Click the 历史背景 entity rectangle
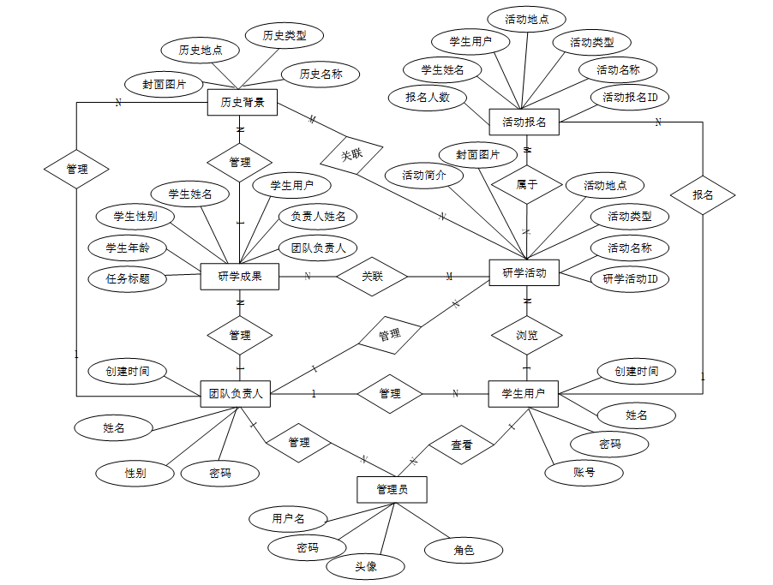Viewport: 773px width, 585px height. [243, 104]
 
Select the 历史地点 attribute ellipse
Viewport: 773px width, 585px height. [201, 51]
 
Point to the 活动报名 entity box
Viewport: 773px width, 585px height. [524, 122]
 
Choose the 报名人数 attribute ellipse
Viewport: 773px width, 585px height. [428, 97]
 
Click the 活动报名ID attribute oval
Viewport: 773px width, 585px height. [630, 97]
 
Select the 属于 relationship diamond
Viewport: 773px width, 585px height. [527, 184]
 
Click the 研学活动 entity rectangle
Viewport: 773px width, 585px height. [524, 273]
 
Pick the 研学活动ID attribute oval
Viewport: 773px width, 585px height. [630, 278]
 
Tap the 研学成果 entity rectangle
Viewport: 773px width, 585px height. [240, 276]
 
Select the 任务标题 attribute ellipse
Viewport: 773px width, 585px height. [128, 278]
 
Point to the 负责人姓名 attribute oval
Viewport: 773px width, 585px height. [318, 217]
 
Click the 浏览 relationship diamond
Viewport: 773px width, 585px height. [527, 335]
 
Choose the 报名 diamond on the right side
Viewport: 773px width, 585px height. [704, 195]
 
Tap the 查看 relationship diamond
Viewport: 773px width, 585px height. [462, 445]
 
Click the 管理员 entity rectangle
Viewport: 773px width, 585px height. [392, 489]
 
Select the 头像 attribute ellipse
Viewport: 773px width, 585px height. [366, 566]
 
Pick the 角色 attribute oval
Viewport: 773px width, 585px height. [464, 549]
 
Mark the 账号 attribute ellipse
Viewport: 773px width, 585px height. [584, 471]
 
